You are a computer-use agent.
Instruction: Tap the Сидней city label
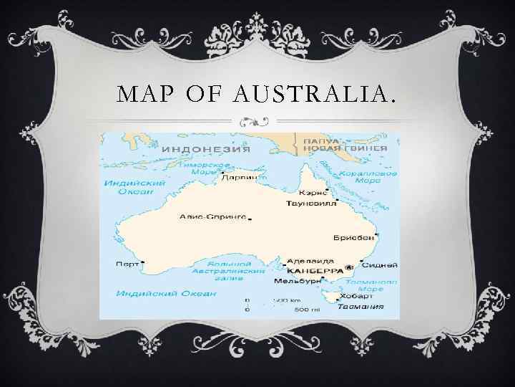384,264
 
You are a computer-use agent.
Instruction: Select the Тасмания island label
360,306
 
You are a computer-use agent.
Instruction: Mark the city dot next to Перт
142,264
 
